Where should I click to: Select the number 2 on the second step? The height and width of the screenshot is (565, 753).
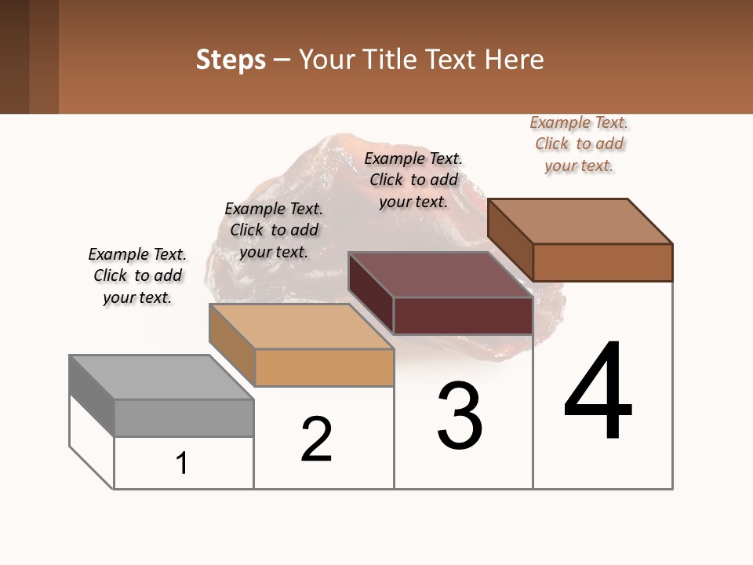point(317,439)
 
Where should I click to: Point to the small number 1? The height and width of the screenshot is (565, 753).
point(182,464)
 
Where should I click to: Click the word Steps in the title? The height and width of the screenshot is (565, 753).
point(231,60)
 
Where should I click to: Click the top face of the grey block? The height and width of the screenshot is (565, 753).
point(162,377)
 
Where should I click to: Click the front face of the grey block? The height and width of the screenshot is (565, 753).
point(184,418)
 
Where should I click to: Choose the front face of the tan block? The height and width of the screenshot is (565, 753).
point(324,367)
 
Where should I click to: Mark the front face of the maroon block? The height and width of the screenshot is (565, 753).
point(463,316)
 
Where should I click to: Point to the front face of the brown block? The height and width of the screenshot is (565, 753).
point(602,262)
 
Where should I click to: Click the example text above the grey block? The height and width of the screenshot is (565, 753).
point(137,275)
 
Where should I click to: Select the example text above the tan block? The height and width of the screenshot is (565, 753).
point(274,230)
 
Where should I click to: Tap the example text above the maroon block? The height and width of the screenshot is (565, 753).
point(413,180)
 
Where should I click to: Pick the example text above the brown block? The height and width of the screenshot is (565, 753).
point(579,144)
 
